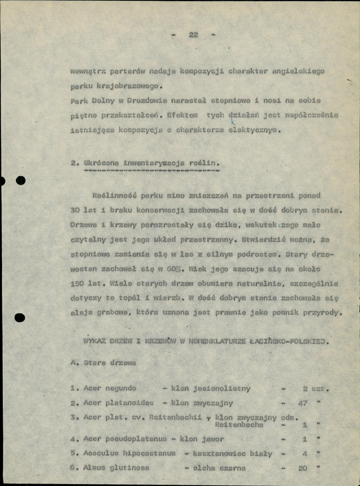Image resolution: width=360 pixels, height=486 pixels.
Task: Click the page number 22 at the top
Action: tap(193, 35)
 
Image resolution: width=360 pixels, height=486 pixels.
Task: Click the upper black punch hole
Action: tap(20, 181)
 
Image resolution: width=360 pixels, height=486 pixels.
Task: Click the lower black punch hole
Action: tap(19, 318)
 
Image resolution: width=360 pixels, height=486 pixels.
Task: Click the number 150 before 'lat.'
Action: tap(77, 284)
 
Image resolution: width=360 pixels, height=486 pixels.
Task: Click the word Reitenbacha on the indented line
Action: tap(239, 425)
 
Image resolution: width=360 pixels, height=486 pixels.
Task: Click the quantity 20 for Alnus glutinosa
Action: tap(302, 468)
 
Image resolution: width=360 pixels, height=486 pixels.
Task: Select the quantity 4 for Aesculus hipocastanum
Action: tap(304, 454)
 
